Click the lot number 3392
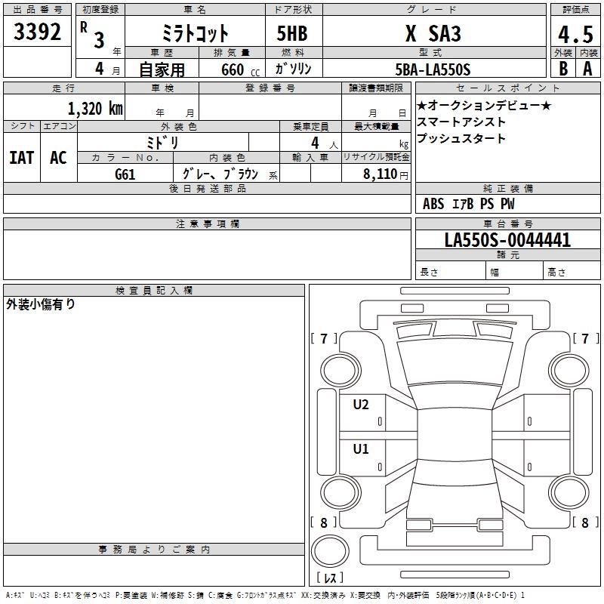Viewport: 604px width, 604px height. click(37, 32)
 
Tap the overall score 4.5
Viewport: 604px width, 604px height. click(575, 35)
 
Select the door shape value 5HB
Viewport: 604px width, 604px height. click(292, 33)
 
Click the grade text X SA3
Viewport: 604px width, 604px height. click(433, 33)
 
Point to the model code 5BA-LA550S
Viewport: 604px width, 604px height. click(433, 69)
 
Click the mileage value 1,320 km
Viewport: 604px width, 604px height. click(95, 108)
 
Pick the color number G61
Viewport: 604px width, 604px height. click(125, 174)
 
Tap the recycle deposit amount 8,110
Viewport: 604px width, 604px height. click(380, 174)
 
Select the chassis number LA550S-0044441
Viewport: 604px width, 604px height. click(507, 240)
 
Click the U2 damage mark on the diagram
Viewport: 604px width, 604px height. click(361, 405)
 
